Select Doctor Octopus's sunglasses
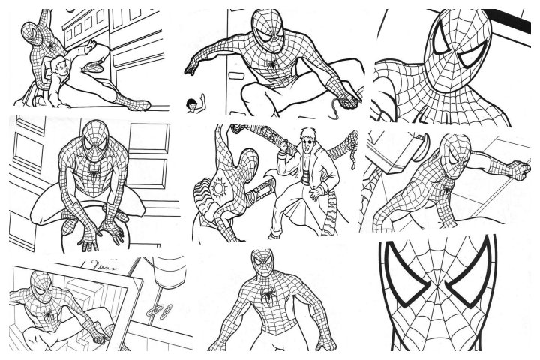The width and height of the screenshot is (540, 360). [307, 156]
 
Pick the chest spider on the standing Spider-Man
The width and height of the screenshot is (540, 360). [265, 296]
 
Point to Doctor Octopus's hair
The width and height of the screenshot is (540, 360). [308, 144]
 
